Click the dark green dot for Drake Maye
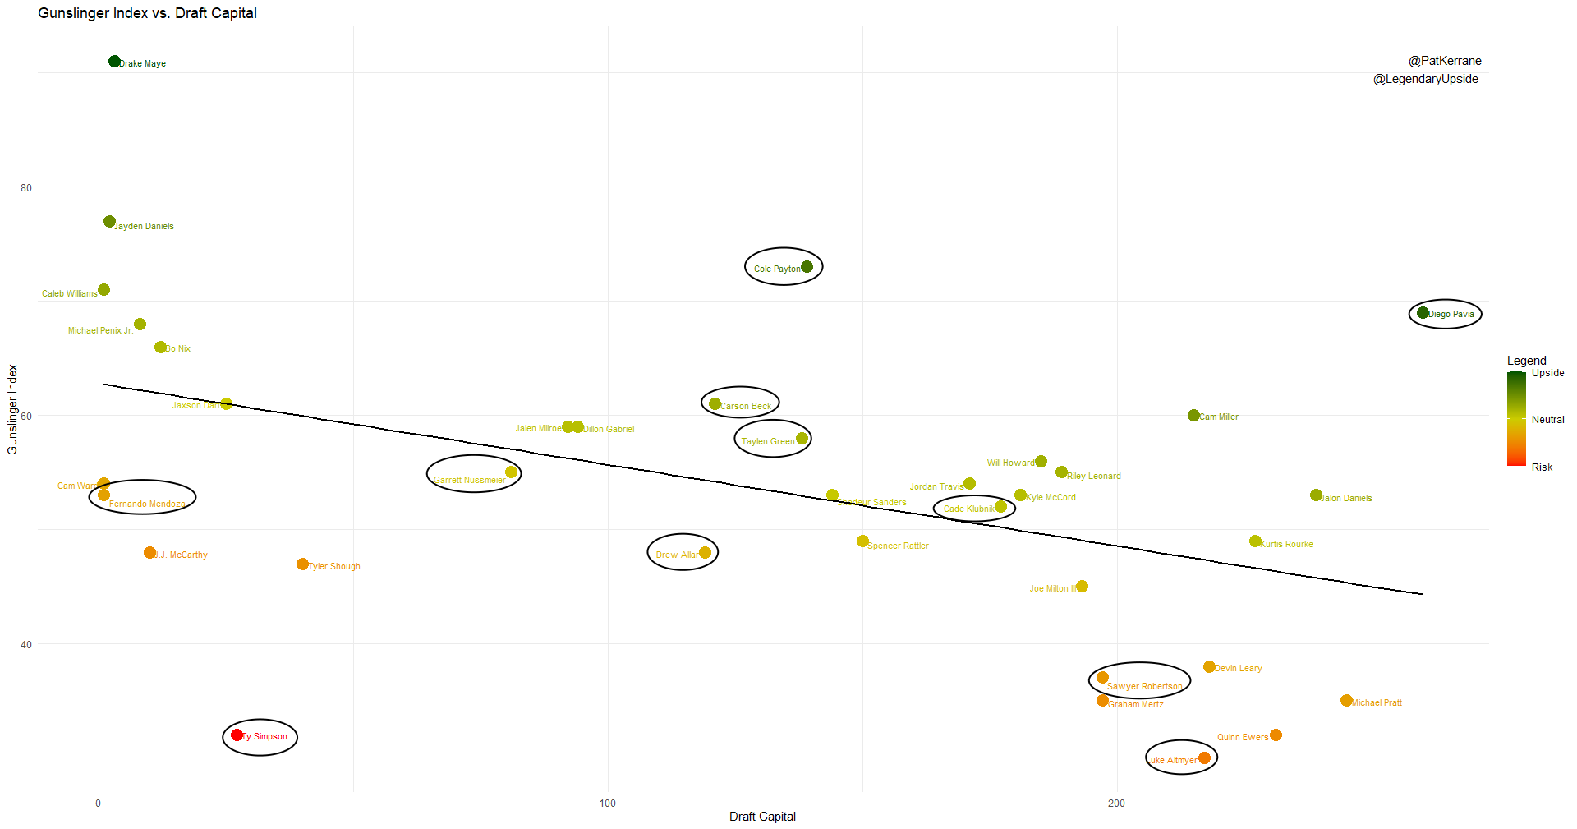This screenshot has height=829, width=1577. coord(115,62)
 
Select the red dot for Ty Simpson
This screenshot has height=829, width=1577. coord(237,735)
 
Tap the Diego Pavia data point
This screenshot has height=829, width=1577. coord(1423,312)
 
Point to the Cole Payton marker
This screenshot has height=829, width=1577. coord(807,266)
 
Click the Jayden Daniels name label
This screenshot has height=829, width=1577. coord(145,226)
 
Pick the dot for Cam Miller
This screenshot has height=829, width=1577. coord(1193,415)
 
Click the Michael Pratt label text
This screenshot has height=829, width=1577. coord(1377,702)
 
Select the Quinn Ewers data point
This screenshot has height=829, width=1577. coord(1276,735)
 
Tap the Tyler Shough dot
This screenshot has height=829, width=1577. coord(302,564)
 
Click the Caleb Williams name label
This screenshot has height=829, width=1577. coord(69,293)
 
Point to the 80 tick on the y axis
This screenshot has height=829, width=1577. coord(26,187)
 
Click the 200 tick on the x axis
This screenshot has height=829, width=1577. coord(1116,803)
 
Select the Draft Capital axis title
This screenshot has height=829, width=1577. coord(762,816)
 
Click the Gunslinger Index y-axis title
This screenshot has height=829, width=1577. coord(12,409)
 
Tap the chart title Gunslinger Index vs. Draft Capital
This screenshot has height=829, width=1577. coord(148,13)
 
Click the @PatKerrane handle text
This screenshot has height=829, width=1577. coord(1445,61)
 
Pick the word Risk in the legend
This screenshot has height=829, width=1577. coord(1542,467)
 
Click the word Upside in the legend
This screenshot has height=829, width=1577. coord(1547,372)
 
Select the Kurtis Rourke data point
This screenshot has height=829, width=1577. coord(1255,541)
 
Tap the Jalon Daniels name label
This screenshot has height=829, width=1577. coord(1346,498)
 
